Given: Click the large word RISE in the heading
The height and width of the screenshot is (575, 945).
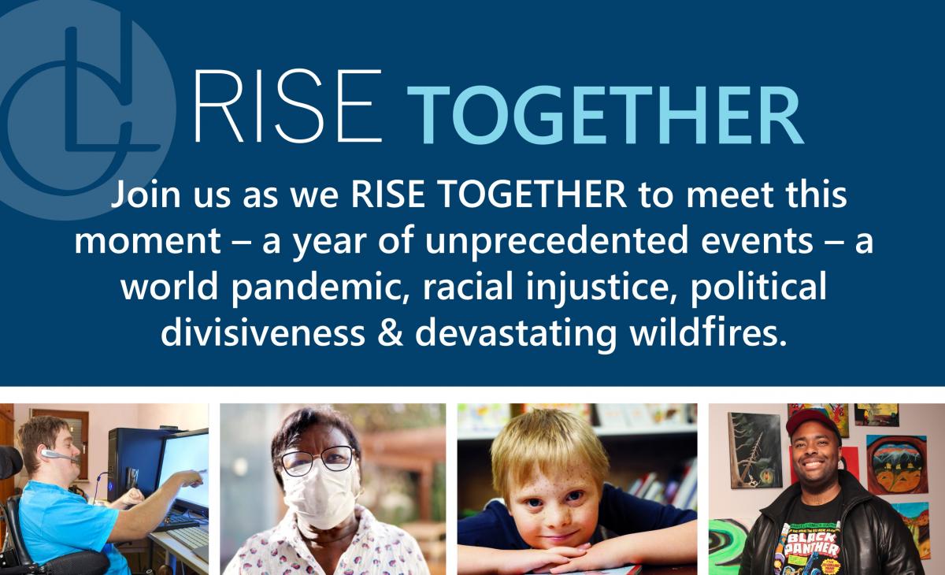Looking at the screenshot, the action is point(287,106).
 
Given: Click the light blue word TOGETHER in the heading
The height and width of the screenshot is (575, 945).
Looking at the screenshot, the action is point(605,115).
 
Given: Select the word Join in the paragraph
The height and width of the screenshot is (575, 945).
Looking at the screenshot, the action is point(146,195).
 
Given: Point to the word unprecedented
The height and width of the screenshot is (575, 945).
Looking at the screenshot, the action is point(557,241).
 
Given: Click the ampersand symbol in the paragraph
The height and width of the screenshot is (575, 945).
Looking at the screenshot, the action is point(391,333).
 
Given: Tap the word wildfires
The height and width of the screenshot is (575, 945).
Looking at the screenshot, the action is point(708,333).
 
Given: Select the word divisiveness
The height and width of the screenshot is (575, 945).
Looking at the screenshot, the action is point(263,333).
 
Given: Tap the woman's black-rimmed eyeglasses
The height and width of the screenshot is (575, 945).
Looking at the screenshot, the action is point(317,461).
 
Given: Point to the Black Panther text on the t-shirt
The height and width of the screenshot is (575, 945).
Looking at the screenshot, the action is point(812,544).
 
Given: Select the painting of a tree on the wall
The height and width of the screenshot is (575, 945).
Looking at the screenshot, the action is point(754,450).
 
